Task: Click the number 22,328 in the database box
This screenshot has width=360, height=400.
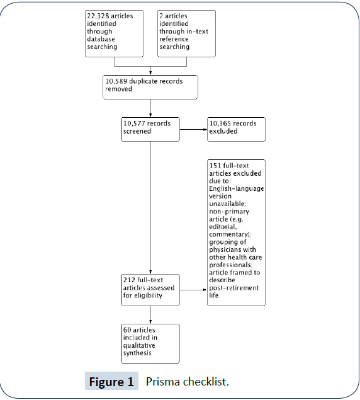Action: (98, 16)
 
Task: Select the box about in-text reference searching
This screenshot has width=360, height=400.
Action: (186, 33)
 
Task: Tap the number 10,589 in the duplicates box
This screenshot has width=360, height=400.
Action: (116, 81)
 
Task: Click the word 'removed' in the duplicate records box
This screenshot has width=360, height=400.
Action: (118, 89)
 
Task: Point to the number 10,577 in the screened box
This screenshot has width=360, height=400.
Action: (134, 123)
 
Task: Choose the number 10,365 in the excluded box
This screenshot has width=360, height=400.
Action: (220, 123)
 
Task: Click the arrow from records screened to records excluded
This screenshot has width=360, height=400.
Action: (193, 129)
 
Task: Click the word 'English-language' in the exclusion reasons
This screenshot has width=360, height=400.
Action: (237, 189)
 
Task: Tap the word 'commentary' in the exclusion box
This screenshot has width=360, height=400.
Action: (229, 234)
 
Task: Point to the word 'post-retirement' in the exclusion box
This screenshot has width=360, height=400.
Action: (234, 288)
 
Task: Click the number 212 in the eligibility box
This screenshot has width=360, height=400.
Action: (129, 280)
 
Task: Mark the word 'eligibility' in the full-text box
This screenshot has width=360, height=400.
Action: (150, 295)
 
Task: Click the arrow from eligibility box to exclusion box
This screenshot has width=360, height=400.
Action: (193, 290)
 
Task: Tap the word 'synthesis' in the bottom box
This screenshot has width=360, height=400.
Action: (137, 353)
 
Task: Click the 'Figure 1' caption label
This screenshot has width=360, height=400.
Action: (111, 382)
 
